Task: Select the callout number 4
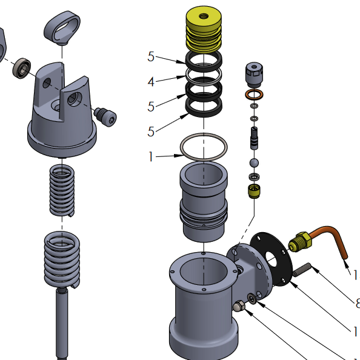pos(152,81)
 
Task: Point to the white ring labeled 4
pos(204,76)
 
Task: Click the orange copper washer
pos(255,95)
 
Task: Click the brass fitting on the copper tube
pos(299,242)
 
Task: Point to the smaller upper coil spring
pos(62,190)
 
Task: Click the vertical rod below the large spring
pos(62,321)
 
